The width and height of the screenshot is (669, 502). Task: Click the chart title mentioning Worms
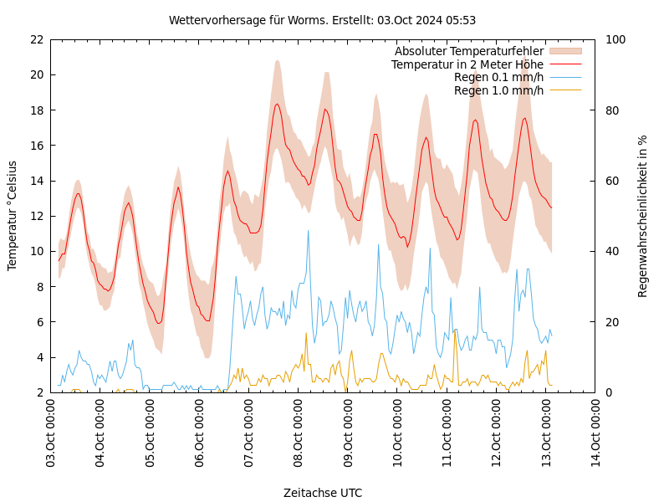click(322, 20)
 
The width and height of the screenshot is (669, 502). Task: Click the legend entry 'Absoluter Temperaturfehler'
click(468, 52)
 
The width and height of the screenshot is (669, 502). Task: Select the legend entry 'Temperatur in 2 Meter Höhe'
click(467, 64)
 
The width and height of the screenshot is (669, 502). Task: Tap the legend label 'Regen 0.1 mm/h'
click(498, 77)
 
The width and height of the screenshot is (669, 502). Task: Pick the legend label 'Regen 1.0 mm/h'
click(498, 90)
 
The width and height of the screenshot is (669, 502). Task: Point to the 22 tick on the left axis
click(36, 39)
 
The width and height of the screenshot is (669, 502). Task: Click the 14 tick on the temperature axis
click(36, 181)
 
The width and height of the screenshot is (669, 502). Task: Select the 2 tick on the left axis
click(39, 392)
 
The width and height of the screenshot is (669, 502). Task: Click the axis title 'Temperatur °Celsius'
click(13, 216)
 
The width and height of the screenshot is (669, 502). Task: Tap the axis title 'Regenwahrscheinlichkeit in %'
click(643, 216)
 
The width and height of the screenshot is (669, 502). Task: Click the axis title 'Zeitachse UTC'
click(323, 493)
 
